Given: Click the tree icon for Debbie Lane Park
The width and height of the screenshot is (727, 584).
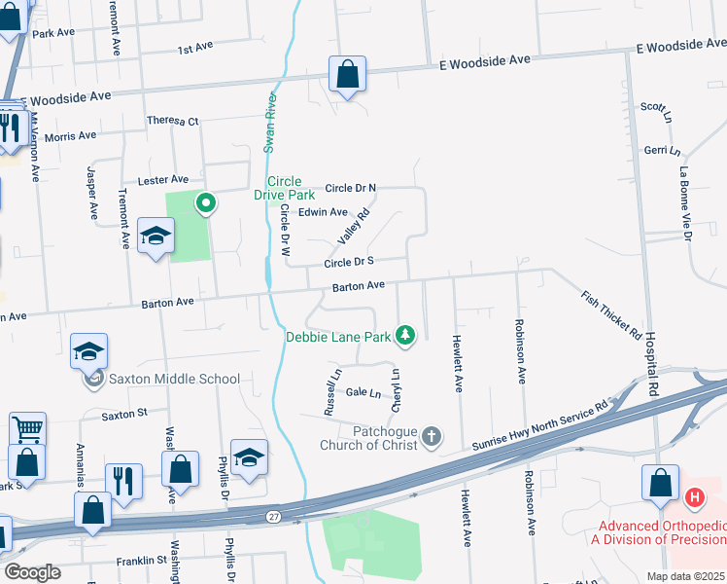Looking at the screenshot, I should point(405,336).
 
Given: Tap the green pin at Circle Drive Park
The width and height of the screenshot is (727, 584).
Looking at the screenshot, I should point(205,203).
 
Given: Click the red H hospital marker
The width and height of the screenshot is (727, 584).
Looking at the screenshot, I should point(694,498).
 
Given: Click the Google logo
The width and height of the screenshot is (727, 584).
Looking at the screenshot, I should point(32,571).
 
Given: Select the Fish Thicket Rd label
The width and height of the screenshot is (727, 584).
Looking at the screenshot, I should point(611,314).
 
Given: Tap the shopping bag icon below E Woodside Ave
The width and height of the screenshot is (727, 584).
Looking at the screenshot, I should point(347,74).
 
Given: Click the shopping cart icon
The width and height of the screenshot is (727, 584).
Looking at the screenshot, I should point(27,426).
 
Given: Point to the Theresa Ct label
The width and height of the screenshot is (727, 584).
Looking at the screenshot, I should point(172,121).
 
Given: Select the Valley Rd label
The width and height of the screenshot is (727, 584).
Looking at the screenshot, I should point(354,227).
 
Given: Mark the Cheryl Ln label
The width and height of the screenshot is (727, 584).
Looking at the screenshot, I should point(396,386).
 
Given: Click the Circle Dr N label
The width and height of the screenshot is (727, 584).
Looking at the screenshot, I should point(350,188).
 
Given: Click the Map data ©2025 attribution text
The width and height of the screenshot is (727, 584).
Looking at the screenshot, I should point(685,576).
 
